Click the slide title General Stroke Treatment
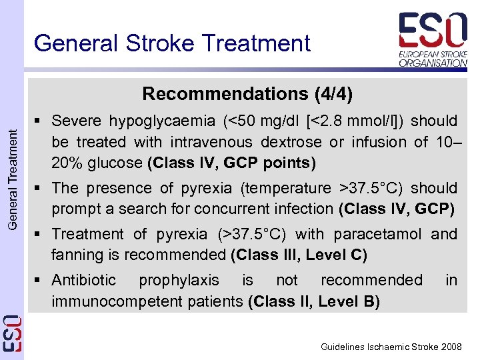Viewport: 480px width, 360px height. tap(172, 43)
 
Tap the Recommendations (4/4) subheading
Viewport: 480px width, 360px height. tap(247, 93)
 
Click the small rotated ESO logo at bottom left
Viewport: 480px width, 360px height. tap(11, 333)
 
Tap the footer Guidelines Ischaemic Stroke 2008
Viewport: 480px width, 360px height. tap(391, 347)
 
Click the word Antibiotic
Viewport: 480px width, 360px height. tap(83, 280)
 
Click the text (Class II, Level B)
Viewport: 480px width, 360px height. tap(313, 301)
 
